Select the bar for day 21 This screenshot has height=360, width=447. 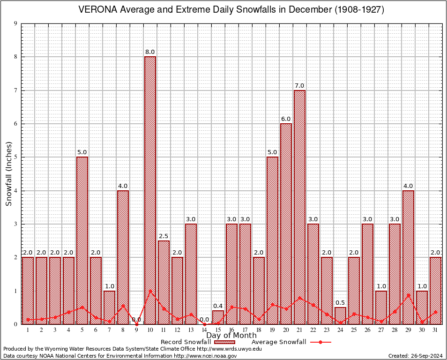(x=299, y=206)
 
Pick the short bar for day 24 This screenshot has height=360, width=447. (x=341, y=315)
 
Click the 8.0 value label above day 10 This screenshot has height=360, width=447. (x=150, y=52)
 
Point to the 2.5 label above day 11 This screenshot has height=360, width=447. (x=164, y=236)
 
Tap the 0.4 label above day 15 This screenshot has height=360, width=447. (x=218, y=306)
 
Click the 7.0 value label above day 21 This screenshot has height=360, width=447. (x=299, y=86)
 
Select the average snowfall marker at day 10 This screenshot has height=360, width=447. (x=150, y=291)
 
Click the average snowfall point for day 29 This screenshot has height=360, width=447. (x=408, y=295)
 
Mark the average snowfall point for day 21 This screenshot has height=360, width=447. (x=299, y=297)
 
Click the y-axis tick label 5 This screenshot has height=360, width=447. (x=15, y=157)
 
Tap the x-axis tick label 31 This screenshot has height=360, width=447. (x=435, y=330)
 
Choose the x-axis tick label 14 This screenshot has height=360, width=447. (x=204, y=330)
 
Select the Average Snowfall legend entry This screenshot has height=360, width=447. (x=278, y=342)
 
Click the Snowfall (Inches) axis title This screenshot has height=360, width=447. (x=8, y=174)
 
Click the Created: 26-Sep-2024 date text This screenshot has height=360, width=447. (x=415, y=356)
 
